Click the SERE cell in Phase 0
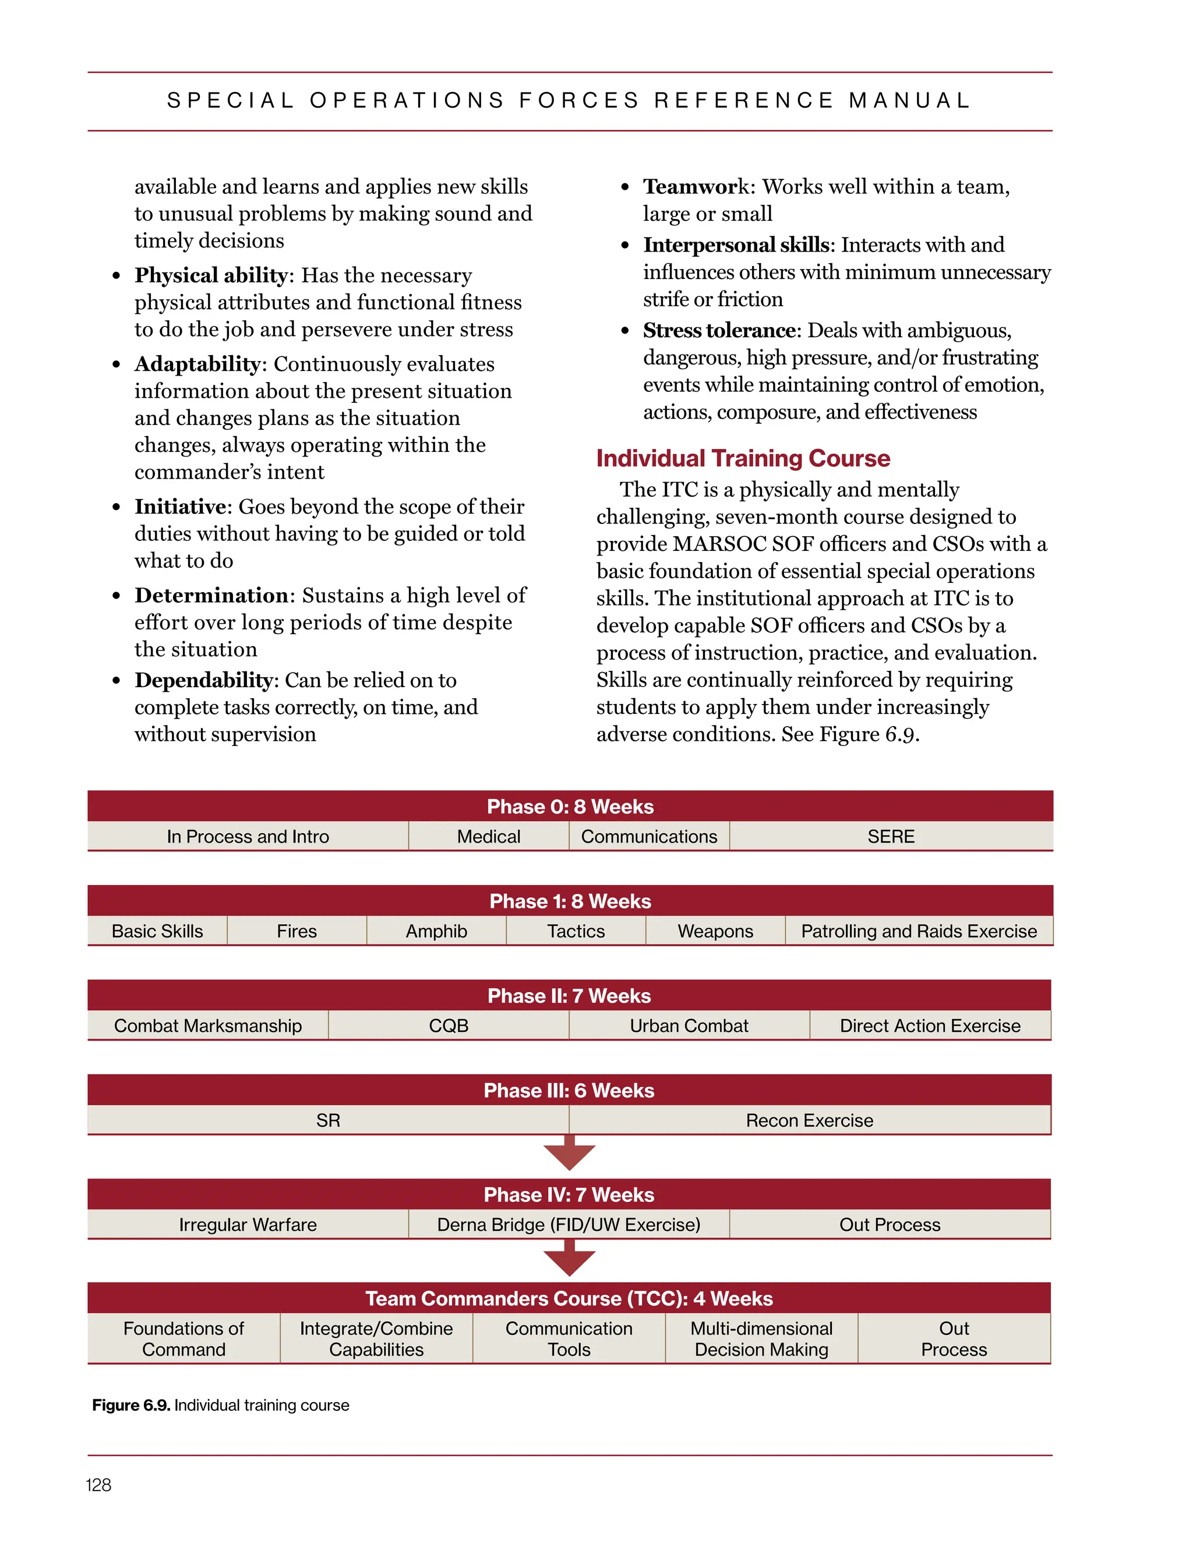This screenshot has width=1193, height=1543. [x=891, y=837]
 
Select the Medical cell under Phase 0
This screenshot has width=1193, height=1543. [x=488, y=837]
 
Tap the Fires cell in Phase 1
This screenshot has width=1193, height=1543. [x=297, y=931]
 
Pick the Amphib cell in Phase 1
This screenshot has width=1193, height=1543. [x=436, y=931]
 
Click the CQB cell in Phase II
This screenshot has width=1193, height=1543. [x=448, y=1026]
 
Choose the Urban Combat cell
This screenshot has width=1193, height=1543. [x=689, y=1026]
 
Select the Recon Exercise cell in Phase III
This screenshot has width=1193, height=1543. [x=809, y=1120]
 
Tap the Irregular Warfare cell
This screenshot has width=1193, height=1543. [x=248, y=1225]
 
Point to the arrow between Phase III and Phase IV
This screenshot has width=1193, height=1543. [x=570, y=1153]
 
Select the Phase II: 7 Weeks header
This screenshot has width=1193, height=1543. [x=569, y=996]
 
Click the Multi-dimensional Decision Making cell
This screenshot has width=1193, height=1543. [x=761, y=1339]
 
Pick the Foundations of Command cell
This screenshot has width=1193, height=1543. [x=183, y=1339]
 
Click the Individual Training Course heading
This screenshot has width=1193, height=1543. [x=743, y=458]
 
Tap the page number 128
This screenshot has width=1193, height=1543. [x=98, y=1485]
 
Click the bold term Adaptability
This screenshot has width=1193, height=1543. [x=197, y=364]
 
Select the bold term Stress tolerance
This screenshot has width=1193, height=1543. [x=719, y=331]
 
